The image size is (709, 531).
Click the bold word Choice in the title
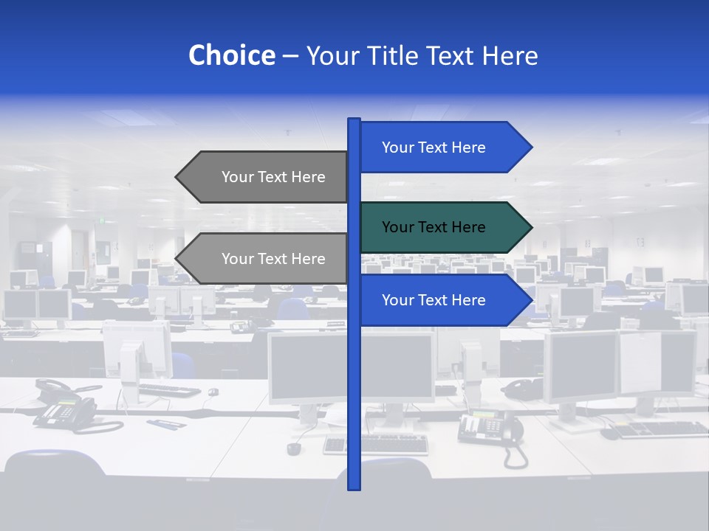tap(231, 55)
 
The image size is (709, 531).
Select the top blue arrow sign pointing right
tap(443, 147)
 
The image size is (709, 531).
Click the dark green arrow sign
tap(443, 227)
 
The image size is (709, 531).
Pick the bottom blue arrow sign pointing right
tap(443, 300)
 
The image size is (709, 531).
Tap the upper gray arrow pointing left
tap(266, 177)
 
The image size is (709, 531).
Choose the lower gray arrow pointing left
tap(266, 259)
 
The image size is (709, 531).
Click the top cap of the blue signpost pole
tap(354, 121)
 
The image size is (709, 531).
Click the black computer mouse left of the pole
tap(294, 448)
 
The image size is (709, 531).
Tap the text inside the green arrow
tap(434, 227)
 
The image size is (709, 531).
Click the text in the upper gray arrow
tap(273, 177)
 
